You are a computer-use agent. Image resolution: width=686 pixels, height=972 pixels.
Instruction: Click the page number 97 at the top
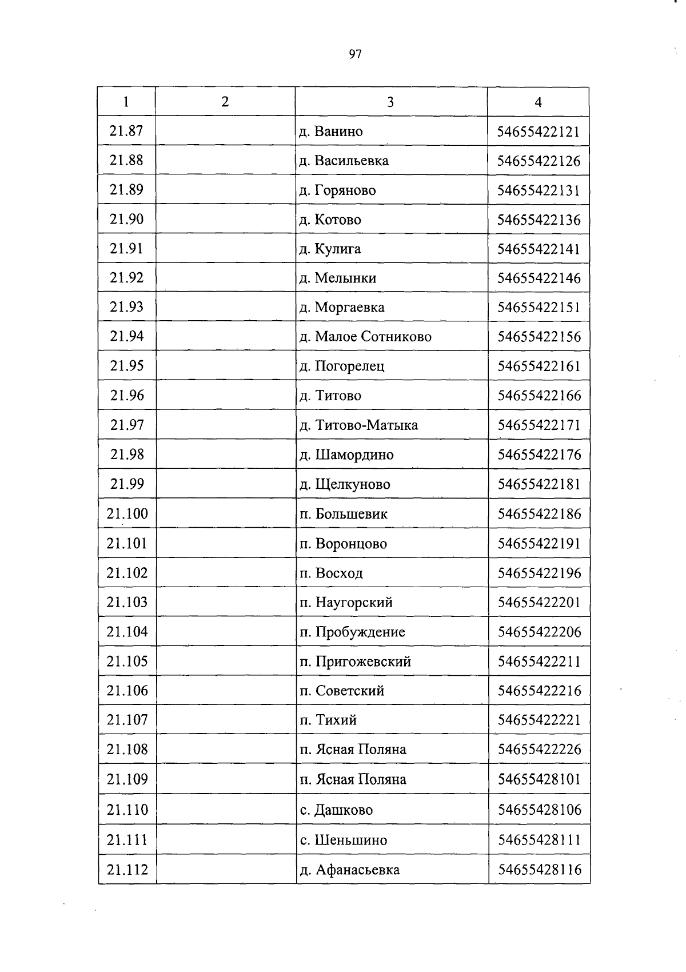point(355,54)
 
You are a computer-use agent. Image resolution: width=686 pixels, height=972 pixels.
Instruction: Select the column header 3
point(390,102)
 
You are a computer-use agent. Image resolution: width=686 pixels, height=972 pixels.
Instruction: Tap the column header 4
point(538,102)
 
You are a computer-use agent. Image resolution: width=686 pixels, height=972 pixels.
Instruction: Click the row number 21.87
point(126,131)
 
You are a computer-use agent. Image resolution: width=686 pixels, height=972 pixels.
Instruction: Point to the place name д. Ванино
point(331,132)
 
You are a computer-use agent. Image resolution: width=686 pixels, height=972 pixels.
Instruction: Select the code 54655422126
point(539,161)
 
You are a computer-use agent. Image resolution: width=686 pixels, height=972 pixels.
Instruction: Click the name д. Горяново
point(338,190)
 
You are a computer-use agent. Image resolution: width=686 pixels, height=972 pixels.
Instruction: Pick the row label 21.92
point(126,278)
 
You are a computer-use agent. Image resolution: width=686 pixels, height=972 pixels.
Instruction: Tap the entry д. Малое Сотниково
point(365,337)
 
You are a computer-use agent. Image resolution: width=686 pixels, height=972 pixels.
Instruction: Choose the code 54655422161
point(539,366)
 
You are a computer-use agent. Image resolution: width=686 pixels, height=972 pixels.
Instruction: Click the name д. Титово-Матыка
point(358,425)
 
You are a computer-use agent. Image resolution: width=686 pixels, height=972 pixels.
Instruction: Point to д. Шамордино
point(346,455)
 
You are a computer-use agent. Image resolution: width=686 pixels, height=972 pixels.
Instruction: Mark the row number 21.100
point(127,513)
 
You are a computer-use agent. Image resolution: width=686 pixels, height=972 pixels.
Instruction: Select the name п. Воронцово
point(343,544)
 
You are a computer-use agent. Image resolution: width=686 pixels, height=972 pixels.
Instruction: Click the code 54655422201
point(539,602)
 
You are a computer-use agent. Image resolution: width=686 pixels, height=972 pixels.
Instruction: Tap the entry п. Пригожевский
point(355,662)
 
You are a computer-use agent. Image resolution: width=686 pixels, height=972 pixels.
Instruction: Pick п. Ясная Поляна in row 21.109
point(353,779)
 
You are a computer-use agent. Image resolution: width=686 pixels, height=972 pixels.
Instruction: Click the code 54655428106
point(539,810)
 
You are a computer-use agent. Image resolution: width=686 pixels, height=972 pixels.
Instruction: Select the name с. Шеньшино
point(343,840)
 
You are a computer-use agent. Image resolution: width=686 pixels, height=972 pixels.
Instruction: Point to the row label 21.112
point(127,870)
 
